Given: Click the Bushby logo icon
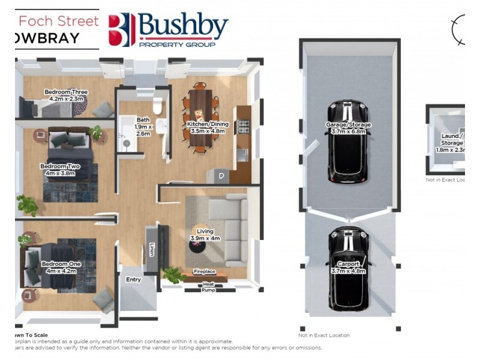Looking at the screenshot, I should point(122,30).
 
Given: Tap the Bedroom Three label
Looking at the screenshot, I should point(66,95).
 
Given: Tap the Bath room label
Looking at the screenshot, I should point(143,127).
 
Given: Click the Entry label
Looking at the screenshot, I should point(133,280).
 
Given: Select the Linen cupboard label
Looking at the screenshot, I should point(151,249).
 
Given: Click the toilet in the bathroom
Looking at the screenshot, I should point(158,106).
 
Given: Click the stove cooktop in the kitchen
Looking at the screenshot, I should point(244,126).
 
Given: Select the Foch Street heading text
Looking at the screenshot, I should point(58,21).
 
